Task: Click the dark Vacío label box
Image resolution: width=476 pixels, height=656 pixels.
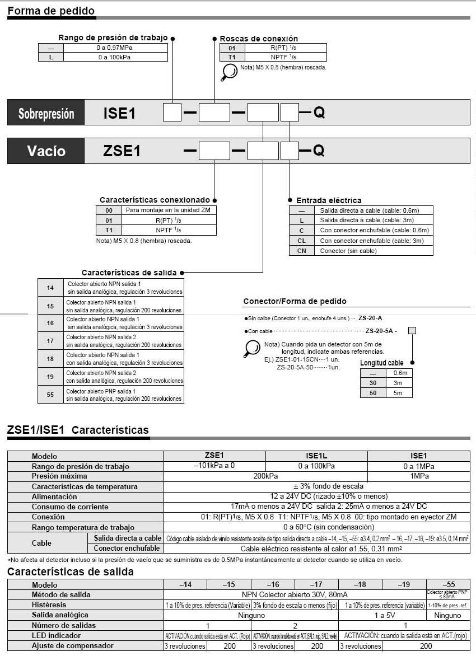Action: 46,151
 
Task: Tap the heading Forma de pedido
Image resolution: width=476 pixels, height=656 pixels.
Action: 51,11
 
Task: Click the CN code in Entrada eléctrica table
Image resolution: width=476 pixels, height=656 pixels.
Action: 301,251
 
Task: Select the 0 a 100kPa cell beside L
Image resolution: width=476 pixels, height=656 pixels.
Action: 115,57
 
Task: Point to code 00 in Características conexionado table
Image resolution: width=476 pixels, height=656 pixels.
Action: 109,210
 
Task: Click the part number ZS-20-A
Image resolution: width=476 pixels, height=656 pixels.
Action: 370,318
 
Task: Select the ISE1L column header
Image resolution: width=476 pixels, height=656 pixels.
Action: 316,456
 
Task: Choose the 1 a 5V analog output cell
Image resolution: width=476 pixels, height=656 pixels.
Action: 382,615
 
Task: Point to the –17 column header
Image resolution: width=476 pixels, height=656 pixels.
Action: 316,584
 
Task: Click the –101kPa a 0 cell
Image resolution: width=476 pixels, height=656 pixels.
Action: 214,466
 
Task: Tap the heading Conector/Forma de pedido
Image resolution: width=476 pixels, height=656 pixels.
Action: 295,302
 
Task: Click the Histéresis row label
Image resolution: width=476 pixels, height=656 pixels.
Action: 49,605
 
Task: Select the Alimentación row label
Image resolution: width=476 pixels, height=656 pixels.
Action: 54,496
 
